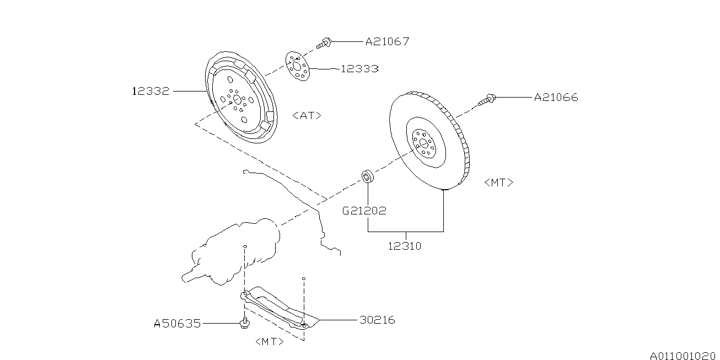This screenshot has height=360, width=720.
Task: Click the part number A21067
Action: coord(387,41)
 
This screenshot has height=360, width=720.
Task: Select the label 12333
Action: coord(359,69)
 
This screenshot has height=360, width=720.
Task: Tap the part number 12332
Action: coord(151,91)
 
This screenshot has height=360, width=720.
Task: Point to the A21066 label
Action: coord(556,98)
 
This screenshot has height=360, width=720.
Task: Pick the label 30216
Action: coord(377,320)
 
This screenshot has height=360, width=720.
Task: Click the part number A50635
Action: coord(177,324)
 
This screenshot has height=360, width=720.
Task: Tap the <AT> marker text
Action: coord(307,116)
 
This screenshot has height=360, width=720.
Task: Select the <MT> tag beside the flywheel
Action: coord(498,182)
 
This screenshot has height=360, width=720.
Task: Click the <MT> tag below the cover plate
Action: coord(270,342)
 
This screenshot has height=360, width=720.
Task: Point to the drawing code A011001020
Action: coord(682,355)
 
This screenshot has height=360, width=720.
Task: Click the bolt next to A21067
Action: coord(325,42)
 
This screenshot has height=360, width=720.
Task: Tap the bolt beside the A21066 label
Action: coord(488,100)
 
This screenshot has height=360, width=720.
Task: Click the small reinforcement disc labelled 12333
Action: coord(297,68)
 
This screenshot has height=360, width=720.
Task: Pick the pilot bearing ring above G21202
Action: coord(367,177)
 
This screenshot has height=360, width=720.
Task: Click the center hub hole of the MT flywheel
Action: coord(423,143)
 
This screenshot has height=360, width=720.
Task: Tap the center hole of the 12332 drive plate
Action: coord(237,99)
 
